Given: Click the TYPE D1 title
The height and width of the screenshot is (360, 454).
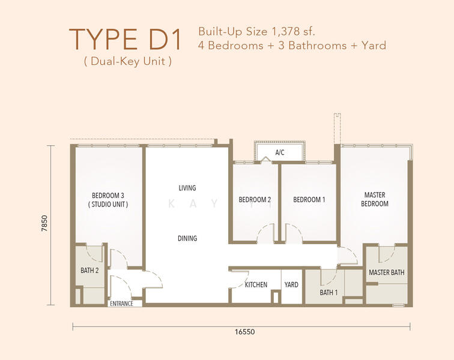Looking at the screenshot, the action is pyautogui.click(x=125, y=39).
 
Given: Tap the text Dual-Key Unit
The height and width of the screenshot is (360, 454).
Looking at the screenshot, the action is pyautogui.click(x=128, y=61).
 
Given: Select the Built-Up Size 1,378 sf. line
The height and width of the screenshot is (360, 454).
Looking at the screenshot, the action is pyautogui.click(x=256, y=31).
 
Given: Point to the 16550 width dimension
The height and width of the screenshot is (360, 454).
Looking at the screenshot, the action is pyautogui.click(x=245, y=332).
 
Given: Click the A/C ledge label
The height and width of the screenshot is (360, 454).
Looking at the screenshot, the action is pyautogui.click(x=280, y=152).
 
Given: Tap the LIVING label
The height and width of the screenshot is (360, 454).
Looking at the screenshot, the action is pyautogui.click(x=187, y=188).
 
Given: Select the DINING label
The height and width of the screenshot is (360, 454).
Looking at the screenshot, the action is pyautogui.click(x=187, y=238).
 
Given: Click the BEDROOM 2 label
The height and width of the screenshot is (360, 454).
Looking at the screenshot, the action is pyautogui.click(x=255, y=200).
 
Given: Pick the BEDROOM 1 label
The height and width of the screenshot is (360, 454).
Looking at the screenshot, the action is pyautogui.click(x=309, y=200).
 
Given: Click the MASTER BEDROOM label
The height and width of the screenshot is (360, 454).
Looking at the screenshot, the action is pyautogui.click(x=375, y=199).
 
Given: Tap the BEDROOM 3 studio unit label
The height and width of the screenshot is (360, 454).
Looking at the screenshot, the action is pyautogui.click(x=108, y=200).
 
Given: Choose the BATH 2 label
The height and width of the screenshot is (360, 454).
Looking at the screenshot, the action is pyautogui.click(x=89, y=270).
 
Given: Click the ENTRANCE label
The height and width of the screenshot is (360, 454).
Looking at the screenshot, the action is pyautogui.click(x=121, y=304).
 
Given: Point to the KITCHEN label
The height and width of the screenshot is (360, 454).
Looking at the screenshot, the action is pyautogui.click(x=256, y=285).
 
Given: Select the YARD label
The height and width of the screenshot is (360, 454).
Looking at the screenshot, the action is pyautogui.click(x=291, y=285).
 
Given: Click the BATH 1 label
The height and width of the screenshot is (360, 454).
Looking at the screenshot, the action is pyautogui.click(x=328, y=293).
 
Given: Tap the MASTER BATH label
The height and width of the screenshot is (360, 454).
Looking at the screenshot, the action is pyautogui.click(x=387, y=272).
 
